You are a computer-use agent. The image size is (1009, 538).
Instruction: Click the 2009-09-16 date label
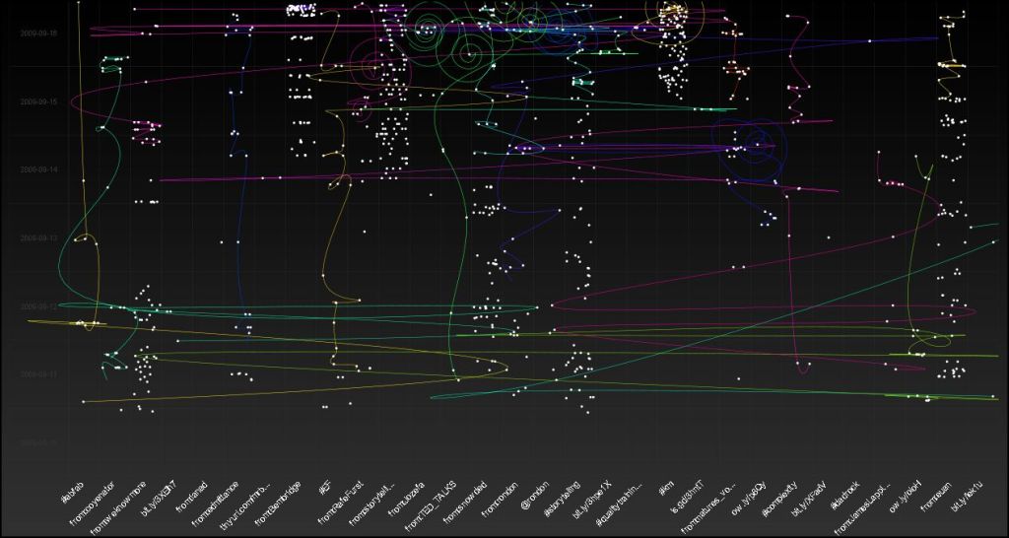tap(38, 33)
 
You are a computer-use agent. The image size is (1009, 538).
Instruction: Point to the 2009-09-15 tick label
tap(38, 101)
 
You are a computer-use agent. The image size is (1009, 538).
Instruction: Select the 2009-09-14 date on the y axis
tap(38, 169)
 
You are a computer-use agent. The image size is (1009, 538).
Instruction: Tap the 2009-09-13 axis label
tap(38, 238)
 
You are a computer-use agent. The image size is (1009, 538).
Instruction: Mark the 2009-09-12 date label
tap(38, 306)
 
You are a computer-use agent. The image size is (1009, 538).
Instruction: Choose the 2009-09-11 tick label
tap(38, 375)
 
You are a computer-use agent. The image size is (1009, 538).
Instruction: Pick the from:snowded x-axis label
tap(464, 502)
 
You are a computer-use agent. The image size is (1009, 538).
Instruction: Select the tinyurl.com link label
tap(245, 506)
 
